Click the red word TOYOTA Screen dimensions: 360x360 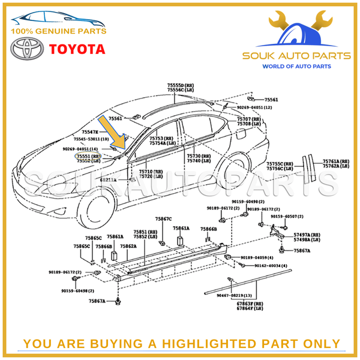pyautogui.click(x=76, y=49)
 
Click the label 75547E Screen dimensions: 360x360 pyautogui.click(x=88, y=131)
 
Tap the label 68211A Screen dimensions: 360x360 pyautogui.click(x=108, y=179)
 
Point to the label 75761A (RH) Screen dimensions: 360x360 pyautogui.click(x=335, y=161)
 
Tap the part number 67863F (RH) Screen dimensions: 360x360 pyautogui.click(x=249, y=304)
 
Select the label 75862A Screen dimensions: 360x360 pyautogui.click(x=128, y=246)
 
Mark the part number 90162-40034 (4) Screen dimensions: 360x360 pyautogui.click(x=271, y=265)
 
